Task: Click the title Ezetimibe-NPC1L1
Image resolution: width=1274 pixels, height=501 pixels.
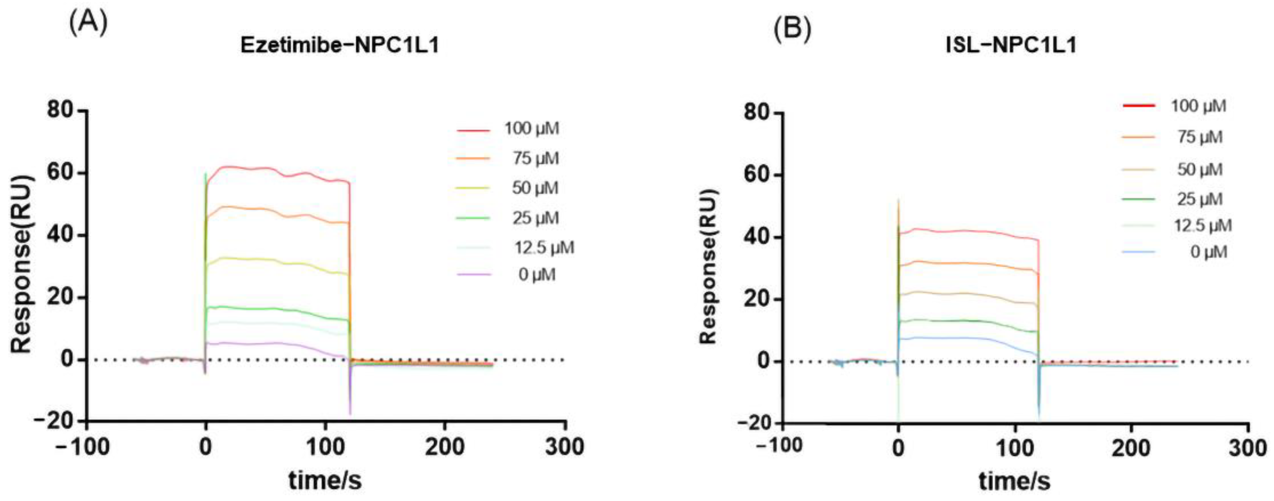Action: pyautogui.click(x=340, y=45)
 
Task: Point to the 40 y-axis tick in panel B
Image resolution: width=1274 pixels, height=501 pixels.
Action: pyautogui.click(x=758, y=237)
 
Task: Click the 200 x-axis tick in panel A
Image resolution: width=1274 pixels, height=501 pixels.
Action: pyautogui.click(x=444, y=447)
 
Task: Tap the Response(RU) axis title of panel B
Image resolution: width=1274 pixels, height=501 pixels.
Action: pyautogui.click(x=708, y=267)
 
